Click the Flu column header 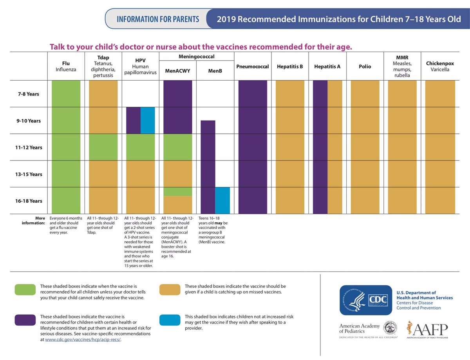click(x=66, y=66)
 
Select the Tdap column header click(x=103, y=66)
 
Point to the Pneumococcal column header click(x=253, y=67)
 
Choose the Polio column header click(x=365, y=67)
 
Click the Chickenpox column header click(x=440, y=66)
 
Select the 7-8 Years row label click(x=27, y=94)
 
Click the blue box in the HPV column click(x=148, y=121)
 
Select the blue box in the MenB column click(x=222, y=200)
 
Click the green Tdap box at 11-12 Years click(x=103, y=147)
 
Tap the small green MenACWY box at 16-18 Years click(x=177, y=191)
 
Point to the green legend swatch click(x=25, y=289)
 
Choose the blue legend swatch click(x=170, y=320)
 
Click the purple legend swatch click(x=25, y=320)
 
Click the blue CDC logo click(x=365, y=300)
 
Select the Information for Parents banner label click(x=157, y=19)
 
